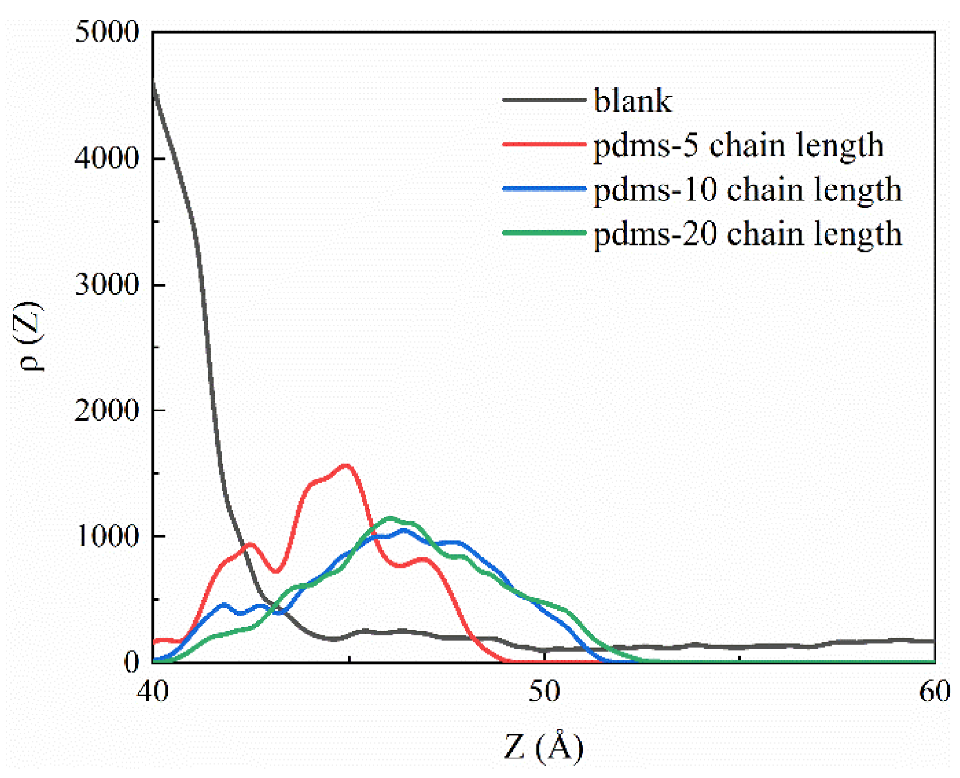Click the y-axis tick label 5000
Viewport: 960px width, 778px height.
pyautogui.click(x=107, y=32)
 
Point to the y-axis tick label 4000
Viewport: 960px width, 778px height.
pyautogui.click(x=107, y=158)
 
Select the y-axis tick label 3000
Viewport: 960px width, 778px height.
pyautogui.click(x=107, y=284)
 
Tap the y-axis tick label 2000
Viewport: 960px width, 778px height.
pyautogui.click(x=107, y=410)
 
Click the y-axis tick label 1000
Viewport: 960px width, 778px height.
pyautogui.click(x=107, y=536)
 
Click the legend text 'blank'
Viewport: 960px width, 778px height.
pyautogui.click(x=632, y=101)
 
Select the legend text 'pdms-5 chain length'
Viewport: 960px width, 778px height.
pyautogui.click(x=738, y=145)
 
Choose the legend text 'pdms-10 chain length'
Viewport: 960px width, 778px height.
pyautogui.click(x=747, y=190)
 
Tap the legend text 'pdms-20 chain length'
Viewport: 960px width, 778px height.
pyautogui.click(x=747, y=234)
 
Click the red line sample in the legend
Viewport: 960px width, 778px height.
pyautogui.click(x=544, y=144)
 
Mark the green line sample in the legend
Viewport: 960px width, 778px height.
pyautogui.click(x=544, y=233)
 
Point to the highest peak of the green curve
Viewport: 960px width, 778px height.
pyautogui.click(x=390, y=518)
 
